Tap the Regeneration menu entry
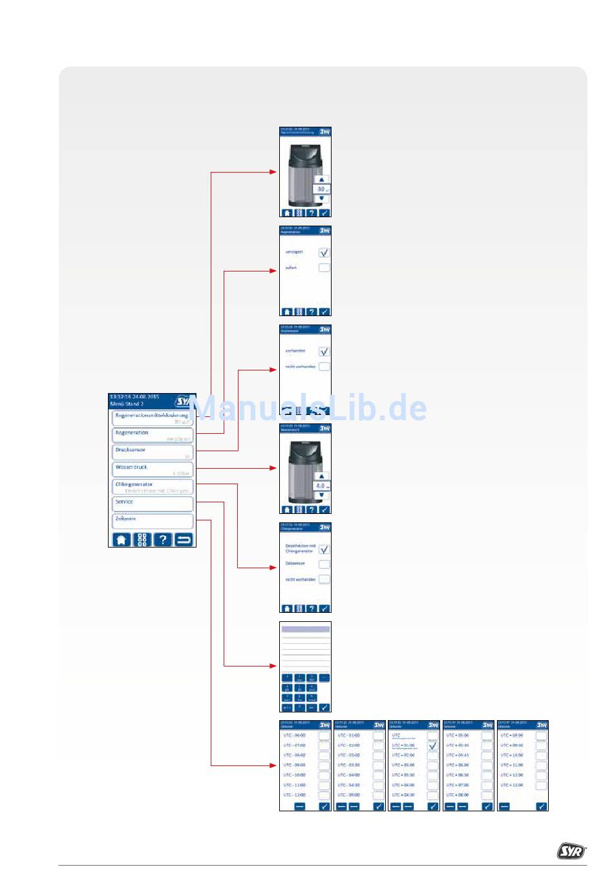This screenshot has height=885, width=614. click(153, 435)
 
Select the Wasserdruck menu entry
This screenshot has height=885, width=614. click(153, 469)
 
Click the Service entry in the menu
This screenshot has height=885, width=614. click(153, 504)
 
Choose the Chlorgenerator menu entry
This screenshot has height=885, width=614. click(153, 487)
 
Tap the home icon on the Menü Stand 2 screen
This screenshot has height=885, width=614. click(122, 539)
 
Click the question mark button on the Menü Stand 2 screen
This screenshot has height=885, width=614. click(163, 539)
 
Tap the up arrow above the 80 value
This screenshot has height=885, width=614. click(322, 180)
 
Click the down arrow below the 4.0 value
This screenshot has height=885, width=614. click(322, 495)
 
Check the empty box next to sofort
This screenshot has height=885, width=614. click(324, 268)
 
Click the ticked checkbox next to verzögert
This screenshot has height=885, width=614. click(324, 252)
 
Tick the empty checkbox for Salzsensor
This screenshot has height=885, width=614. click(324, 564)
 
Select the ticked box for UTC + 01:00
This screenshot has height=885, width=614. click(432, 746)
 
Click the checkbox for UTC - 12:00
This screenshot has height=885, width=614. click(324, 795)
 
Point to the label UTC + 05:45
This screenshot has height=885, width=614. click(458, 755)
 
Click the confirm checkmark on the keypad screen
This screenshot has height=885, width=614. click(324, 708)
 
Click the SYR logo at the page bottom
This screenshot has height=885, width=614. click(571, 851)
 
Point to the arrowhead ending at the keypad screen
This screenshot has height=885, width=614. click(274, 666)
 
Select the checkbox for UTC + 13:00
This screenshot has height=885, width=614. click(541, 785)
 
